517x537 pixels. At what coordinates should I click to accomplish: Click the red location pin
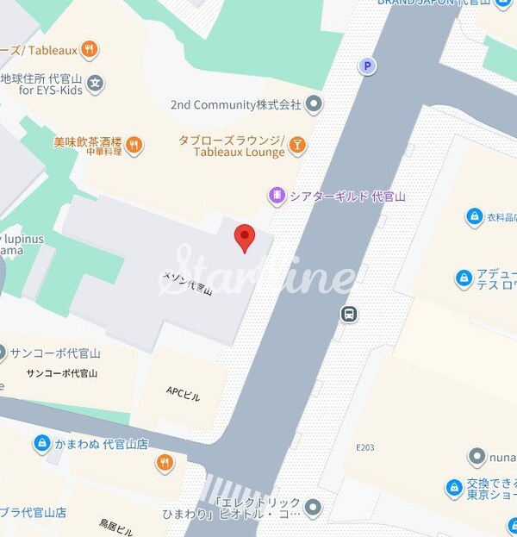coord(245,237)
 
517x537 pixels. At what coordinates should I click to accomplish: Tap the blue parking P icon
coord(368,66)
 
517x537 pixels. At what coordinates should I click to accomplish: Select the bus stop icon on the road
coord(349,314)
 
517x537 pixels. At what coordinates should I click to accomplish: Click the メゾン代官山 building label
coord(187,281)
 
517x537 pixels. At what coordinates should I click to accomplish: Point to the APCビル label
coord(183,395)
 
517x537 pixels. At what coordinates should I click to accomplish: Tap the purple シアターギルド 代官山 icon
coord(277,196)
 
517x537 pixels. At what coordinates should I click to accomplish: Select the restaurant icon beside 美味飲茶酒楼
coord(134,145)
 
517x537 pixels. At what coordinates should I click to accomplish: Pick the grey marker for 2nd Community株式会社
coord(314,104)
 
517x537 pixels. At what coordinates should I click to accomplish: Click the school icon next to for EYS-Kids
coord(95,84)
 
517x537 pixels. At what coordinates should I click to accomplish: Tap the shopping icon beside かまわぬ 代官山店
coord(41,444)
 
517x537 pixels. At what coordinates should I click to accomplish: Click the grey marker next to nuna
coord(476,456)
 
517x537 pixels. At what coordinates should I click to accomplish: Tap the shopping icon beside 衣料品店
coord(473,216)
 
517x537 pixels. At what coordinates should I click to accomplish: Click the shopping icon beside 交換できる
coord(454,489)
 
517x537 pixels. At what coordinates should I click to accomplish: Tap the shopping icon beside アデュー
coord(464,278)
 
